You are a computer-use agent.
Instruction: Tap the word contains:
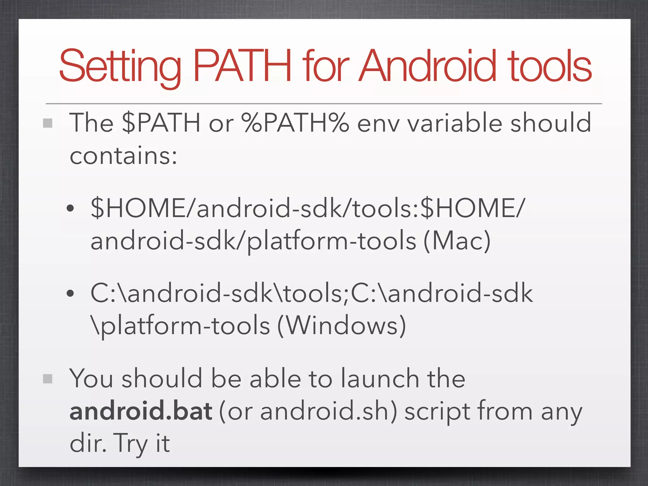123,156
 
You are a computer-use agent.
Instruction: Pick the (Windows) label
342,326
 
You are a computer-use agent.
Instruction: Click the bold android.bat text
141,411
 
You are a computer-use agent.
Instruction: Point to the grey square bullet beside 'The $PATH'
47,123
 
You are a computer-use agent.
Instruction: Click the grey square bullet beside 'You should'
47,378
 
